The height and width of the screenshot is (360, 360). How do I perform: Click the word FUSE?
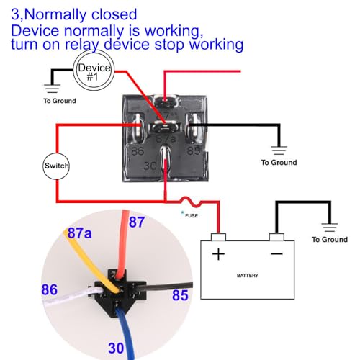192,216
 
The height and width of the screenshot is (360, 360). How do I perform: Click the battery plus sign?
218,254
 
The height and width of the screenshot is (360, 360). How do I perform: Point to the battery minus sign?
276,253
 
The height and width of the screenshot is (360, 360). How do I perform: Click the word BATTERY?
248,276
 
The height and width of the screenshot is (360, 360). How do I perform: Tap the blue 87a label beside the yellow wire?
79,233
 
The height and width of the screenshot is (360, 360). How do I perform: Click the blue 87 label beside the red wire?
137,222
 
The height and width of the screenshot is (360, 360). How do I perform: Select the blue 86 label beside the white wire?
50,289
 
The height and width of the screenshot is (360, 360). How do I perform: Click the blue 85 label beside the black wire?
180,295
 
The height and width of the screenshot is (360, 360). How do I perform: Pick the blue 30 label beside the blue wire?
116,348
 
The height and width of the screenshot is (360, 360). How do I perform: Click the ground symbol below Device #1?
52,89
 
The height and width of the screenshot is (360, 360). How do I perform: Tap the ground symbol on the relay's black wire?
279,150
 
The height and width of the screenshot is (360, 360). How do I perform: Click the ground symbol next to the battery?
330,228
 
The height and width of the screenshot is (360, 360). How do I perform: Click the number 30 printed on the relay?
150,166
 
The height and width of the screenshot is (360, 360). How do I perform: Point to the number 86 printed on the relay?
138,151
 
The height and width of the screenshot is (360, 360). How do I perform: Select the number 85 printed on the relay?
194,150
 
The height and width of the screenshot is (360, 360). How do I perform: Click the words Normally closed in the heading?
81,14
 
